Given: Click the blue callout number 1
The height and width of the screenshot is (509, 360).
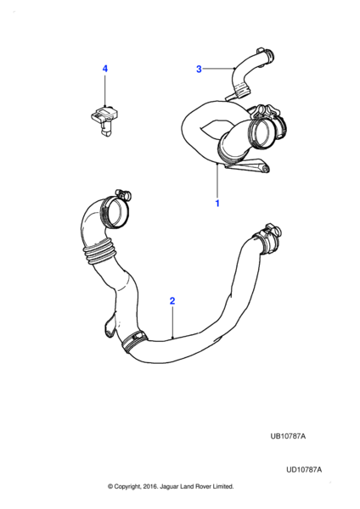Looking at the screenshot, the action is point(217,204).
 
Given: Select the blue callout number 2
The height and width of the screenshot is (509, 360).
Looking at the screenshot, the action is point(172,300).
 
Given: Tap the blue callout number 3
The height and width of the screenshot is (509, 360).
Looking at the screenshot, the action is point(199,69).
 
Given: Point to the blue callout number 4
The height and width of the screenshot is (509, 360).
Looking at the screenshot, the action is point(105,69).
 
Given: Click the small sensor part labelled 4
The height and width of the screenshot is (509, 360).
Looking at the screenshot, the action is point(104,120).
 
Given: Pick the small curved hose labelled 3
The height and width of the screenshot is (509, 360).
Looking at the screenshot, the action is point(249,75).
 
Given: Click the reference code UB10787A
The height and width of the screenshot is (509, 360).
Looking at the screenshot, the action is point(288,436).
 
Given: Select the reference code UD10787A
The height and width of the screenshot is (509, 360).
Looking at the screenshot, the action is point(304,469).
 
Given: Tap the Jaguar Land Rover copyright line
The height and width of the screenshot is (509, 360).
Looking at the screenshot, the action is point(171,486).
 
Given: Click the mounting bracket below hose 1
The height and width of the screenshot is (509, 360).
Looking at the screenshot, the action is point(248,165).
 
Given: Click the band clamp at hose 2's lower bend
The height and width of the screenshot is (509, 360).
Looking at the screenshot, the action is point(133,342).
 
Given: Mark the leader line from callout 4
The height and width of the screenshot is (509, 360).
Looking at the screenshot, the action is point(105,91).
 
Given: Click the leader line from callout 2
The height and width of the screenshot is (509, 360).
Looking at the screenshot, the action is point(173,322).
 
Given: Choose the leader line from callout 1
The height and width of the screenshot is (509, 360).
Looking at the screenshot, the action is point(217,181).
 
